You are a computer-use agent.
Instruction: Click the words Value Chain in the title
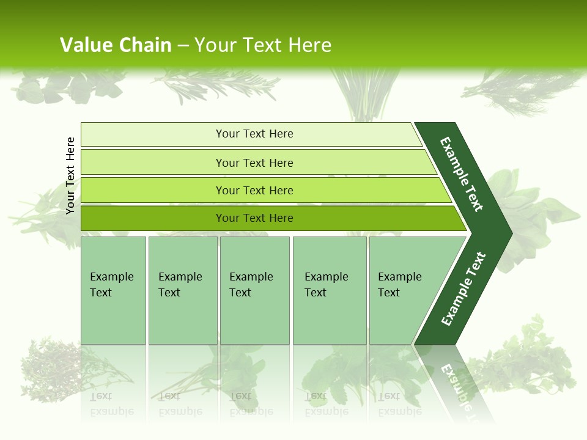pyautogui.click(x=116, y=45)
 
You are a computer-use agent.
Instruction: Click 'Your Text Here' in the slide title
pyautogui.click(x=263, y=45)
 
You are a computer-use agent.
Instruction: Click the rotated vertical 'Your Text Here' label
pyautogui.click(x=70, y=176)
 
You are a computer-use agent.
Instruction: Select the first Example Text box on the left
pyautogui.click(x=113, y=291)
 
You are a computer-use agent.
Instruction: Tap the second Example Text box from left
pyautogui.click(x=182, y=291)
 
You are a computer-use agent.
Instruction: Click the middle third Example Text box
pyautogui.click(x=254, y=291)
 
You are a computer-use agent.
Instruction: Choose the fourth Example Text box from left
pyautogui.click(x=329, y=291)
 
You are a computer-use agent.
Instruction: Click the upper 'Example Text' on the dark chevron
pyautogui.click(x=462, y=174)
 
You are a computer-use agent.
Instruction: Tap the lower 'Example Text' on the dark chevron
pyautogui.click(x=463, y=289)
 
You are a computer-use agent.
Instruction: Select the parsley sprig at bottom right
pyautogui.click(x=526, y=361)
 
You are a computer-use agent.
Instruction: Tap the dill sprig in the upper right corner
pyautogui.click(x=520, y=92)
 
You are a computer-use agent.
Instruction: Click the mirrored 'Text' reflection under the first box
pyautogui.click(x=101, y=395)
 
